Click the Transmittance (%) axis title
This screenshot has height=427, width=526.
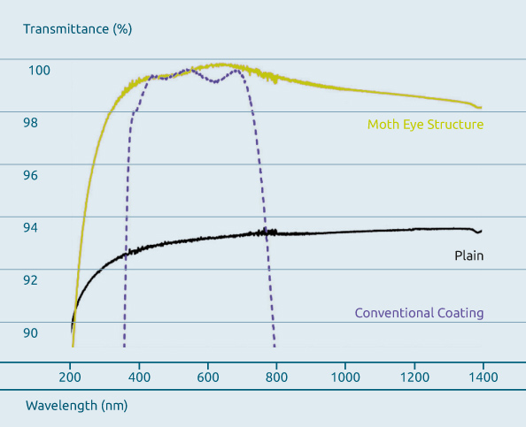point(77,28)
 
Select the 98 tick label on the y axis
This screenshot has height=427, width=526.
point(30,122)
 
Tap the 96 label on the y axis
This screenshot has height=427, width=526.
point(30,175)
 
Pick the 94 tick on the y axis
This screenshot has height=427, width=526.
point(30,227)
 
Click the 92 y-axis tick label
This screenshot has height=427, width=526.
point(30,280)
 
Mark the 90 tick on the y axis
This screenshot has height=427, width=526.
point(30,332)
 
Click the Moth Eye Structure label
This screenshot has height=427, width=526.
point(425,125)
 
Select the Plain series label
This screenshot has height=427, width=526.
point(468,255)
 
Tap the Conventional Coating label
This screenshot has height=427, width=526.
point(419,313)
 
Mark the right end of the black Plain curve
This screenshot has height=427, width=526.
point(481,231)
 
